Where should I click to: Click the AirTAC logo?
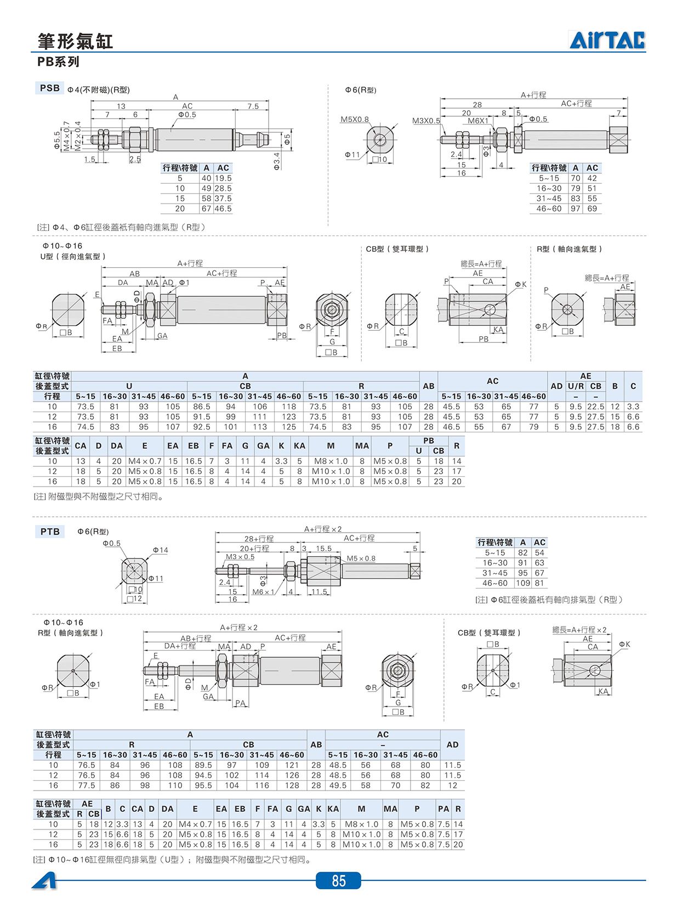click(607, 40)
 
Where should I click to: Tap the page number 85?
click(339, 881)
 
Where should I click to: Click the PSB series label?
click(50, 88)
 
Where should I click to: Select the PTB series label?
click(50, 532)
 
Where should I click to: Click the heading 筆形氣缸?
click(75, 41)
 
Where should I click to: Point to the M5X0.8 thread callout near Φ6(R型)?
click(355, 120)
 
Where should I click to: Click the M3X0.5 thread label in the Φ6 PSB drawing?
click(426, 121)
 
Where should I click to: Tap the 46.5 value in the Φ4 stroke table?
click(223, 208)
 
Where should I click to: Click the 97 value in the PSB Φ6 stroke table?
click(576, 208)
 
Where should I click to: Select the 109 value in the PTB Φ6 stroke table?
click(523, 583)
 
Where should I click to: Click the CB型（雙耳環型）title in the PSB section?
click(397, 249)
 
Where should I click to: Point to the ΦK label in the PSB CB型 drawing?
click(521, 284)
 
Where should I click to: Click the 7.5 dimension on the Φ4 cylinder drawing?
click(253, 106)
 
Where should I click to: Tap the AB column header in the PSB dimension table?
click(428, 386)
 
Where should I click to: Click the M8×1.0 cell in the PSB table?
click(331, 461)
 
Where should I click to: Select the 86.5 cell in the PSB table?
click(202, 407)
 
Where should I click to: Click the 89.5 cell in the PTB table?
click(203, 765)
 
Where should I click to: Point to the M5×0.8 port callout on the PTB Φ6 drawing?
click(361, 558)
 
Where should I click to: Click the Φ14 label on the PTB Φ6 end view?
click(161, 550)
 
